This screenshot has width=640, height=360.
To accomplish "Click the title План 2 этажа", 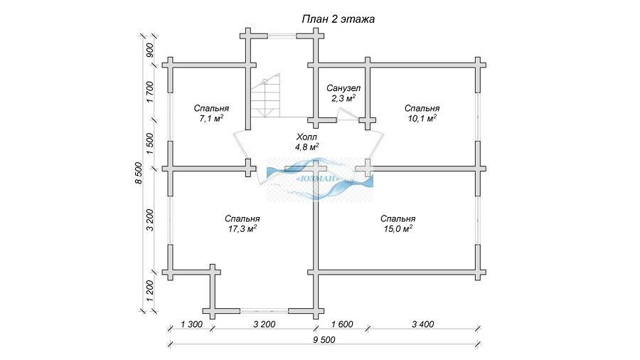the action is pos(338,19).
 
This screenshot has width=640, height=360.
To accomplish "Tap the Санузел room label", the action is pos(343,88).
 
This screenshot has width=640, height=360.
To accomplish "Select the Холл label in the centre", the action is pos(306,137).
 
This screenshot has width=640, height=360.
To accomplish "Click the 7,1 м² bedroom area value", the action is pos(211,119).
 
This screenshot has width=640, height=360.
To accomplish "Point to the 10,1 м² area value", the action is pos(422,119).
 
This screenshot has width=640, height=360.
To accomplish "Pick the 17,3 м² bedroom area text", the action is pos(242,229).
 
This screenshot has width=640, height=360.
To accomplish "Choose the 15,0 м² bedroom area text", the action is pos(398,229).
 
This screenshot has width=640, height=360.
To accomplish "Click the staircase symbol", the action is pos(265,96).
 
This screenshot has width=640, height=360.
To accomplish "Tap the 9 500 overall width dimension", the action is pos(324,340).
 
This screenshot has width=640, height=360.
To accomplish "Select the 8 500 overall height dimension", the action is pos(139,173).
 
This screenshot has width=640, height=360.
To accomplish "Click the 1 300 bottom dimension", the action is pos(191,324).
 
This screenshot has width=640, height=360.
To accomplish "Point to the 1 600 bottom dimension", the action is pos(342,324).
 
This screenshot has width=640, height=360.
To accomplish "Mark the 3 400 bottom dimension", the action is pos(423,324).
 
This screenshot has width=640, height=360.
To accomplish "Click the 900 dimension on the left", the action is pos(150,50).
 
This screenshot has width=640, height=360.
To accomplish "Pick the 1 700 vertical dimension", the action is pos(150,92).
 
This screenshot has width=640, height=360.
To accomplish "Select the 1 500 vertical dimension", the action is pos(150,144).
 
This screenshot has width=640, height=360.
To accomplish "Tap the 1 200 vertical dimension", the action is pos(150,291).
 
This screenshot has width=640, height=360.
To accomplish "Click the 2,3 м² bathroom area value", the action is pos(343,98).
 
